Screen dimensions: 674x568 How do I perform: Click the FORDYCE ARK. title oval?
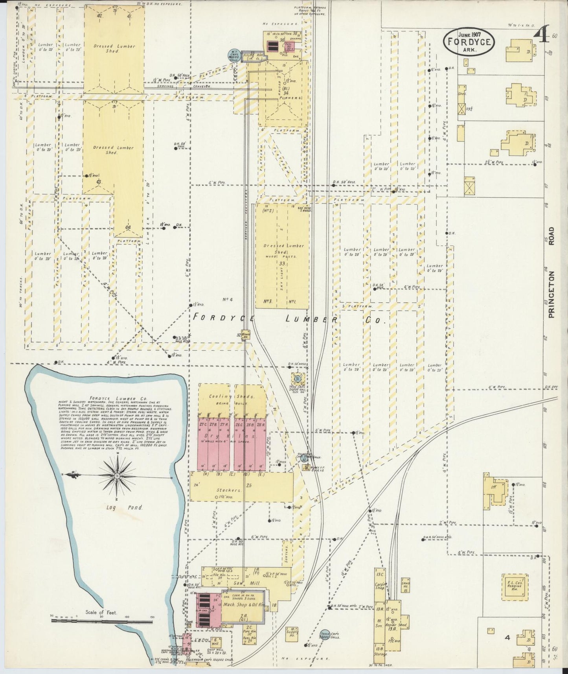[x=469, y=41]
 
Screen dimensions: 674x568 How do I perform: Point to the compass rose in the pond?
[x=118, y=475]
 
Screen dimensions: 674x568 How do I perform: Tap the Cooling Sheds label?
[x=232, y=397]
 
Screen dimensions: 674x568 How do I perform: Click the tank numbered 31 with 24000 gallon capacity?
[x=298, y=379]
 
